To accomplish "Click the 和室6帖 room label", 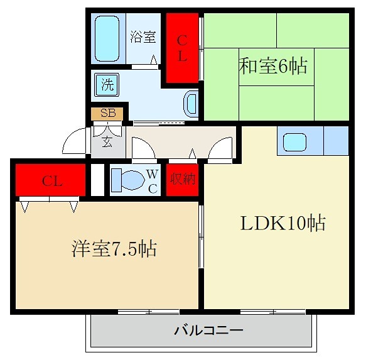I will pos(274,66).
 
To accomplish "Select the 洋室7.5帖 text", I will pos(114,249).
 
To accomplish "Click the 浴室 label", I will pos(143,36).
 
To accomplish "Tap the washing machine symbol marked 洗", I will pos(107,84).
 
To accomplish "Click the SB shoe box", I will pos(107,113).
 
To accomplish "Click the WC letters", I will pos(153,180).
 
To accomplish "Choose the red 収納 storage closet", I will pos(182,180).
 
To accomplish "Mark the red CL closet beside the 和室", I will pos(182,48).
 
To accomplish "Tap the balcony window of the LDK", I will pos(272,311).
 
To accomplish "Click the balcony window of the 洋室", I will pos(149,311).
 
